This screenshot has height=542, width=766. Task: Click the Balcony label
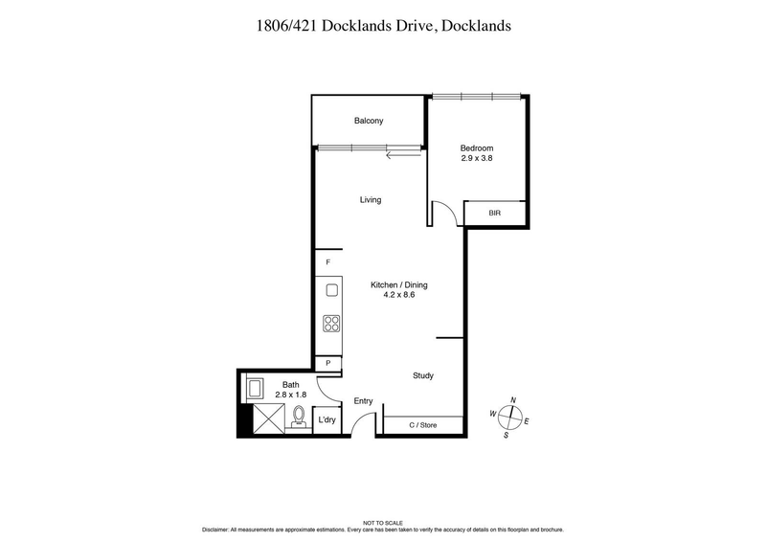pos(369,121)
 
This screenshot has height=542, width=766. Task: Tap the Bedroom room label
pos(476,147)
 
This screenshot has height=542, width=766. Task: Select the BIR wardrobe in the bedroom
pos(494,214)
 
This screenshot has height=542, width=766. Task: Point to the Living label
pos(371,200)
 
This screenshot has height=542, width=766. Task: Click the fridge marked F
pos(327,262)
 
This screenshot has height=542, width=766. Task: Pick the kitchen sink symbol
pos(331,290)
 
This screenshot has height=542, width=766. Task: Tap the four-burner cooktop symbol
pos(331,324)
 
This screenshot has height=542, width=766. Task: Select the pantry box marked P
pos(327,363)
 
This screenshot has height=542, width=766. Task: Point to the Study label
pos(423,375)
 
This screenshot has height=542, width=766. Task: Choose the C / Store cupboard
pos(422,423)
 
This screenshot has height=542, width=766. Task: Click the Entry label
pos(363,401)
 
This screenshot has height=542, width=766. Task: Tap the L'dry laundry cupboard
pos(327,420)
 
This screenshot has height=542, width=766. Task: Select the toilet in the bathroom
pos(299,417)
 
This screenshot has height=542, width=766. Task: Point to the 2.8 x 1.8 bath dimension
pos(290,394)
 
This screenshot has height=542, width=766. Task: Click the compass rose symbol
pos(513,416)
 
